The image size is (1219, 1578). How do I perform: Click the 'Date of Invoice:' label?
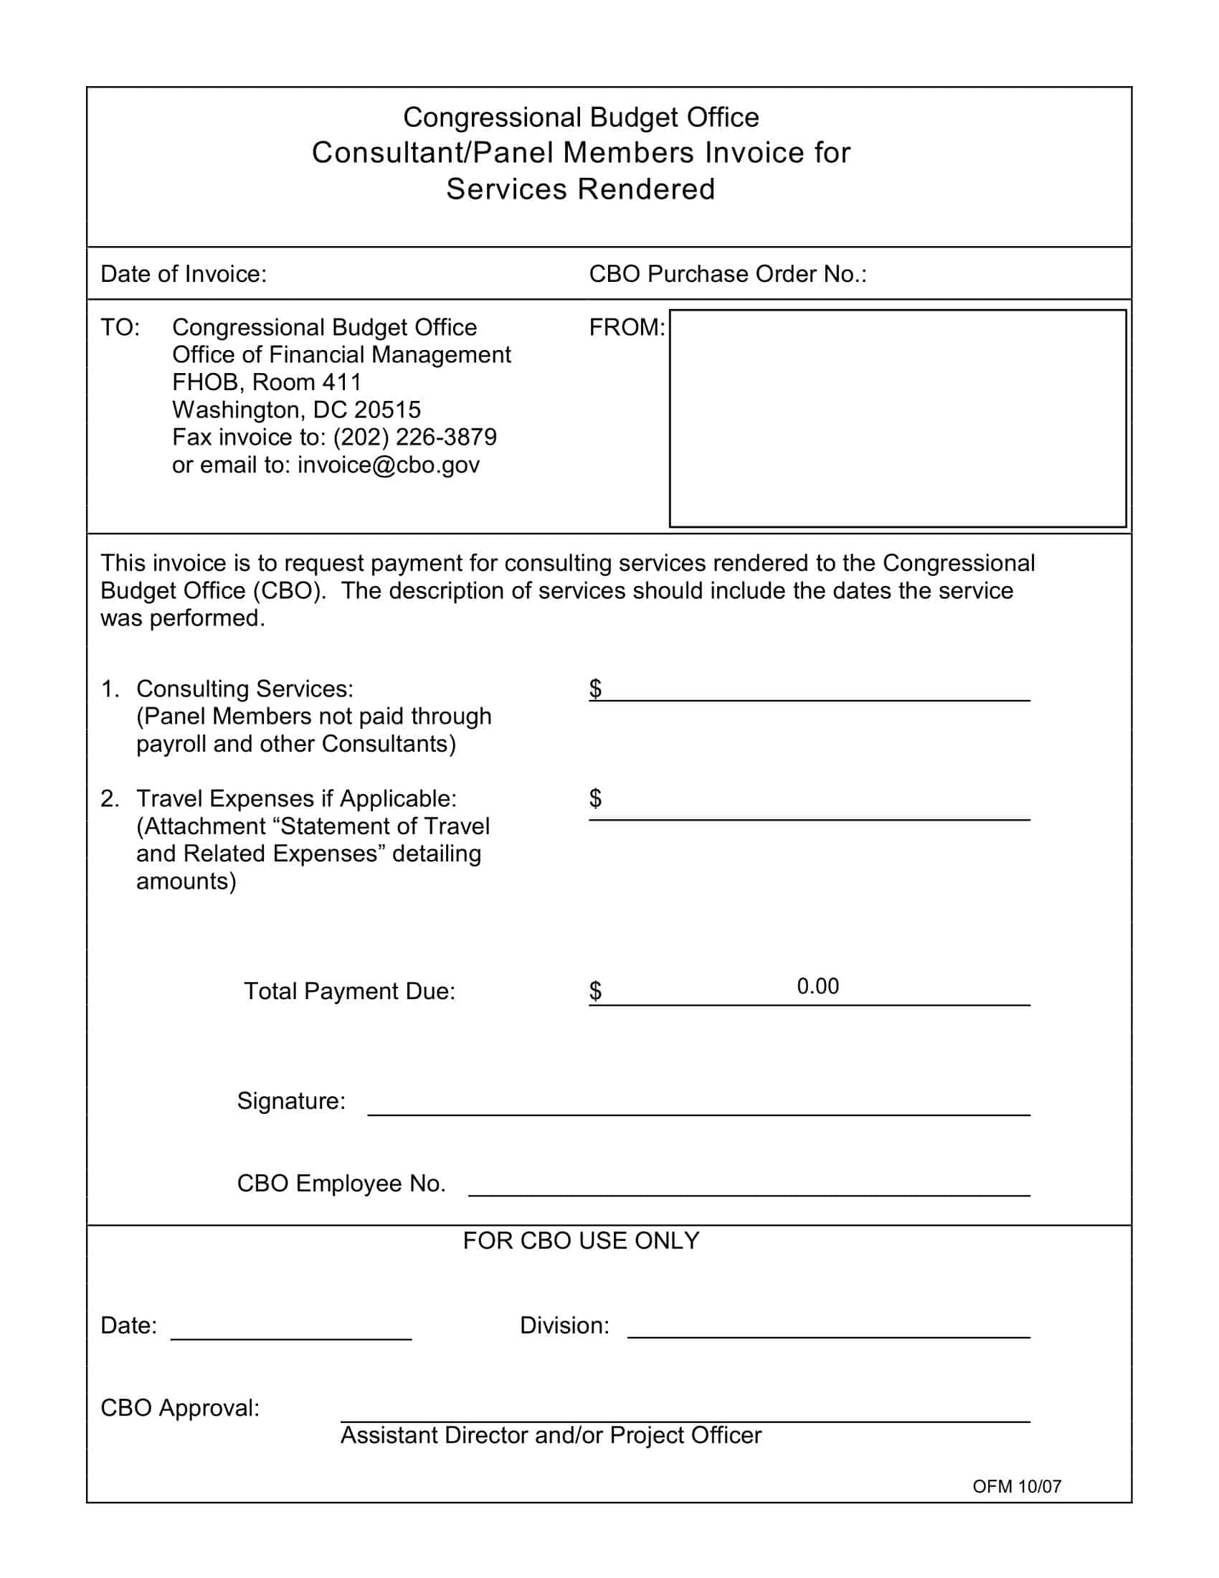(184, 275)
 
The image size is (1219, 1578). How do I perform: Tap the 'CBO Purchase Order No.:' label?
(727, 275)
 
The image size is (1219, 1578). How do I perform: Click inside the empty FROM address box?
(898, 418)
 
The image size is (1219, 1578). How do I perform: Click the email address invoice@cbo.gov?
(389, 466)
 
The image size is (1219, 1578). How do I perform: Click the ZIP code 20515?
(388, 410)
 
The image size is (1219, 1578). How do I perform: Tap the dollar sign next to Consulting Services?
(595, 689)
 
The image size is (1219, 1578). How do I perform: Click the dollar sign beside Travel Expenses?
(595, 798)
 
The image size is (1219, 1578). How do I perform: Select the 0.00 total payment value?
(817, 987)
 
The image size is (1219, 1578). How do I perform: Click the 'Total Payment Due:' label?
(349, 991)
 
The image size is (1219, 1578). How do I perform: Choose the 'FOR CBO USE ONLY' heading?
(581, 1242)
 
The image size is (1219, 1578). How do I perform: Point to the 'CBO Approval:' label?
(180, 1408)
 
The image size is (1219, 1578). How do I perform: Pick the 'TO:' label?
(120, 328)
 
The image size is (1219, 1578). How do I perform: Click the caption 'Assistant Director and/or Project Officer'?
(550, 1436)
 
